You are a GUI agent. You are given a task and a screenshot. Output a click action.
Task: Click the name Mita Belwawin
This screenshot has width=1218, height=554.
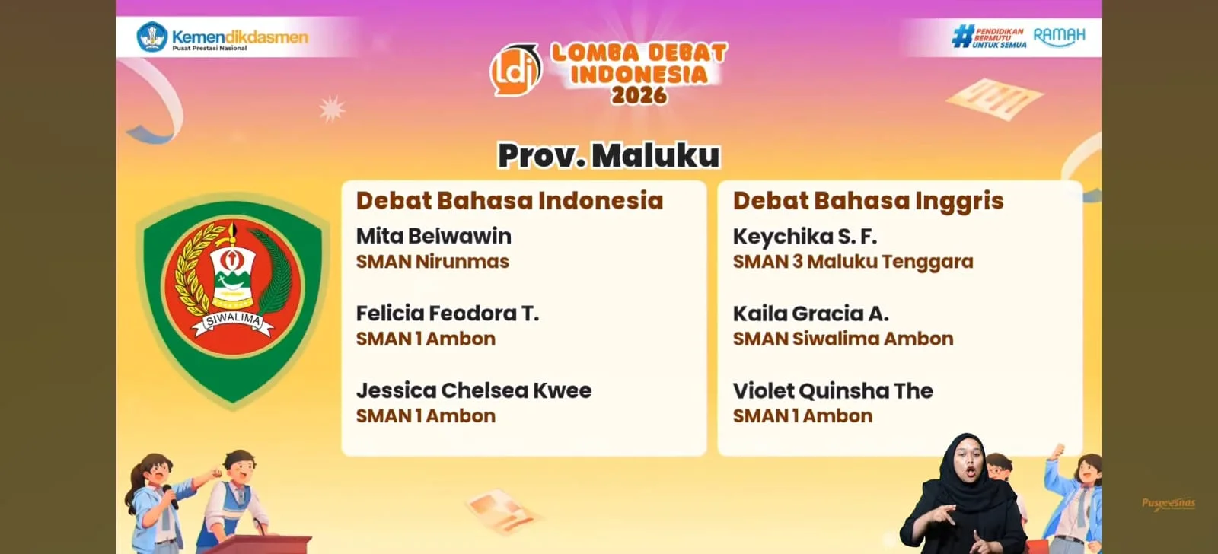[433, 236]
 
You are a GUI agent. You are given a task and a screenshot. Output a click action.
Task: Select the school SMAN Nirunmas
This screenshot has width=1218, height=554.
[432, 262]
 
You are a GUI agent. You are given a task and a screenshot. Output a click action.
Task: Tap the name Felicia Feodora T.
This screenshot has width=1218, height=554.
[448, 314]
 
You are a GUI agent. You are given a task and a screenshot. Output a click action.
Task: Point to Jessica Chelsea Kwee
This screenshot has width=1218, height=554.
[473, 390]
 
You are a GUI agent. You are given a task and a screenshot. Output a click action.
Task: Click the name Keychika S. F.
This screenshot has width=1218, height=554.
[805, 237]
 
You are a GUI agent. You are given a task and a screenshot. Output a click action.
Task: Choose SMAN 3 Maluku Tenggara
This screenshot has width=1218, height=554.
[853, 262]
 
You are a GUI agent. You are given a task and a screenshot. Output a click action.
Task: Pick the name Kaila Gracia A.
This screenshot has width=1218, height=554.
[811, 314]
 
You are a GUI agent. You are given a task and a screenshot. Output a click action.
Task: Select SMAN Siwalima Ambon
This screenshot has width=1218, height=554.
[843, 339]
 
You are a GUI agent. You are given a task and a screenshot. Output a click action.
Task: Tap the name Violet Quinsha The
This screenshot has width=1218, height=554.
[833, 390]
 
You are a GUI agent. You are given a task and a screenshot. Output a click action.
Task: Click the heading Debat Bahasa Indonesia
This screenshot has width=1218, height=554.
[509, 201]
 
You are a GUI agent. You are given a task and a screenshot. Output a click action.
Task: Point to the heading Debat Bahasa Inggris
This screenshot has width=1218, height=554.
[869, 201]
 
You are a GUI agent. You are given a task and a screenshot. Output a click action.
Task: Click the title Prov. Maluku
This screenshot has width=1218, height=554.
[609, 155]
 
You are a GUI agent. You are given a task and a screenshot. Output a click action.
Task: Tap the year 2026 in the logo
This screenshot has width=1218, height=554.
[639, 95]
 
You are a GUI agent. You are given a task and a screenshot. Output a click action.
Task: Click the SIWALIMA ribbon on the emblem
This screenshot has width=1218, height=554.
[233, 320]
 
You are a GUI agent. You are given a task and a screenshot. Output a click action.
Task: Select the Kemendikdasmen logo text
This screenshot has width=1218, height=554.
[240, 37]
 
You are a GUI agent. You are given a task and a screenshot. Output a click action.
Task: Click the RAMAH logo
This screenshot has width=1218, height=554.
[1059, 37]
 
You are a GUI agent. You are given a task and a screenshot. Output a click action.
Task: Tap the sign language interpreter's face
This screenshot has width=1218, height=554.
[969, 463]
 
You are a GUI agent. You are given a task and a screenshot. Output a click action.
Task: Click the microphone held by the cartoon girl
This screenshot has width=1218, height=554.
[171, 496]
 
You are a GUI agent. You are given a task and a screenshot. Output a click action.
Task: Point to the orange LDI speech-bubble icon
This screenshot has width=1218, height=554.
[515, 70]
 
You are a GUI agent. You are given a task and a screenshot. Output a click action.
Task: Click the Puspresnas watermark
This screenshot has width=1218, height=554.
[1169, 504]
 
